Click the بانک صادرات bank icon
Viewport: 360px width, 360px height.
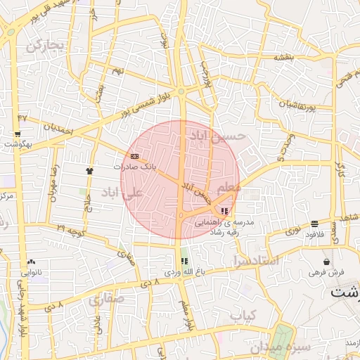(135, 156)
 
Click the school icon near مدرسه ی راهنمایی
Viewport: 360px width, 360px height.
(224, 210)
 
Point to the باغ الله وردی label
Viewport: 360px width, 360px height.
(184, 271)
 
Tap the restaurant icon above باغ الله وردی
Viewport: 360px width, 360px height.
(184, 261)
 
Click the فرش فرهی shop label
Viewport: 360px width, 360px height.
(328, 271)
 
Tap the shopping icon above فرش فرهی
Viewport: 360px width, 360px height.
(328, 261)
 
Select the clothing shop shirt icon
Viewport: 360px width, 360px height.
(89, 171)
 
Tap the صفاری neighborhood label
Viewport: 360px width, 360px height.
(105, 300)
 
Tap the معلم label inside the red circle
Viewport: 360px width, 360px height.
(229, 188)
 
